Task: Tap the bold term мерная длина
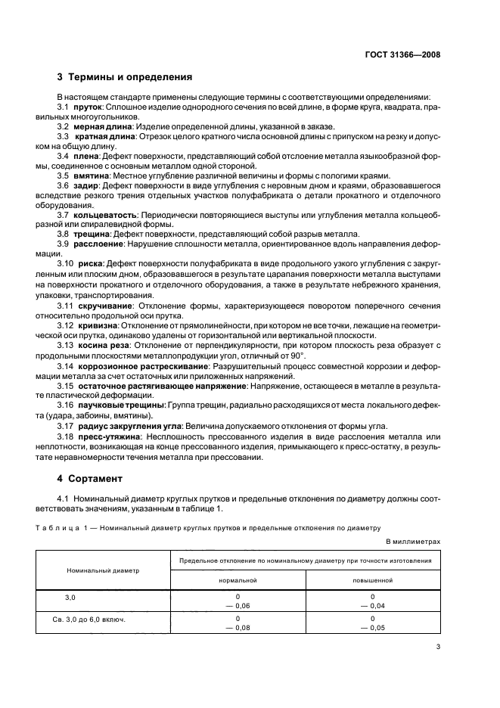point(103,126)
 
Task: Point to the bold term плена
point(88,155)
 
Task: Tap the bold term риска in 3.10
point(92,264)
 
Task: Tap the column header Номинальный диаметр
point(103,570)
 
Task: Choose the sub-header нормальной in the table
point(238,579)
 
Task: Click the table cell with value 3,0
point(70,598)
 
